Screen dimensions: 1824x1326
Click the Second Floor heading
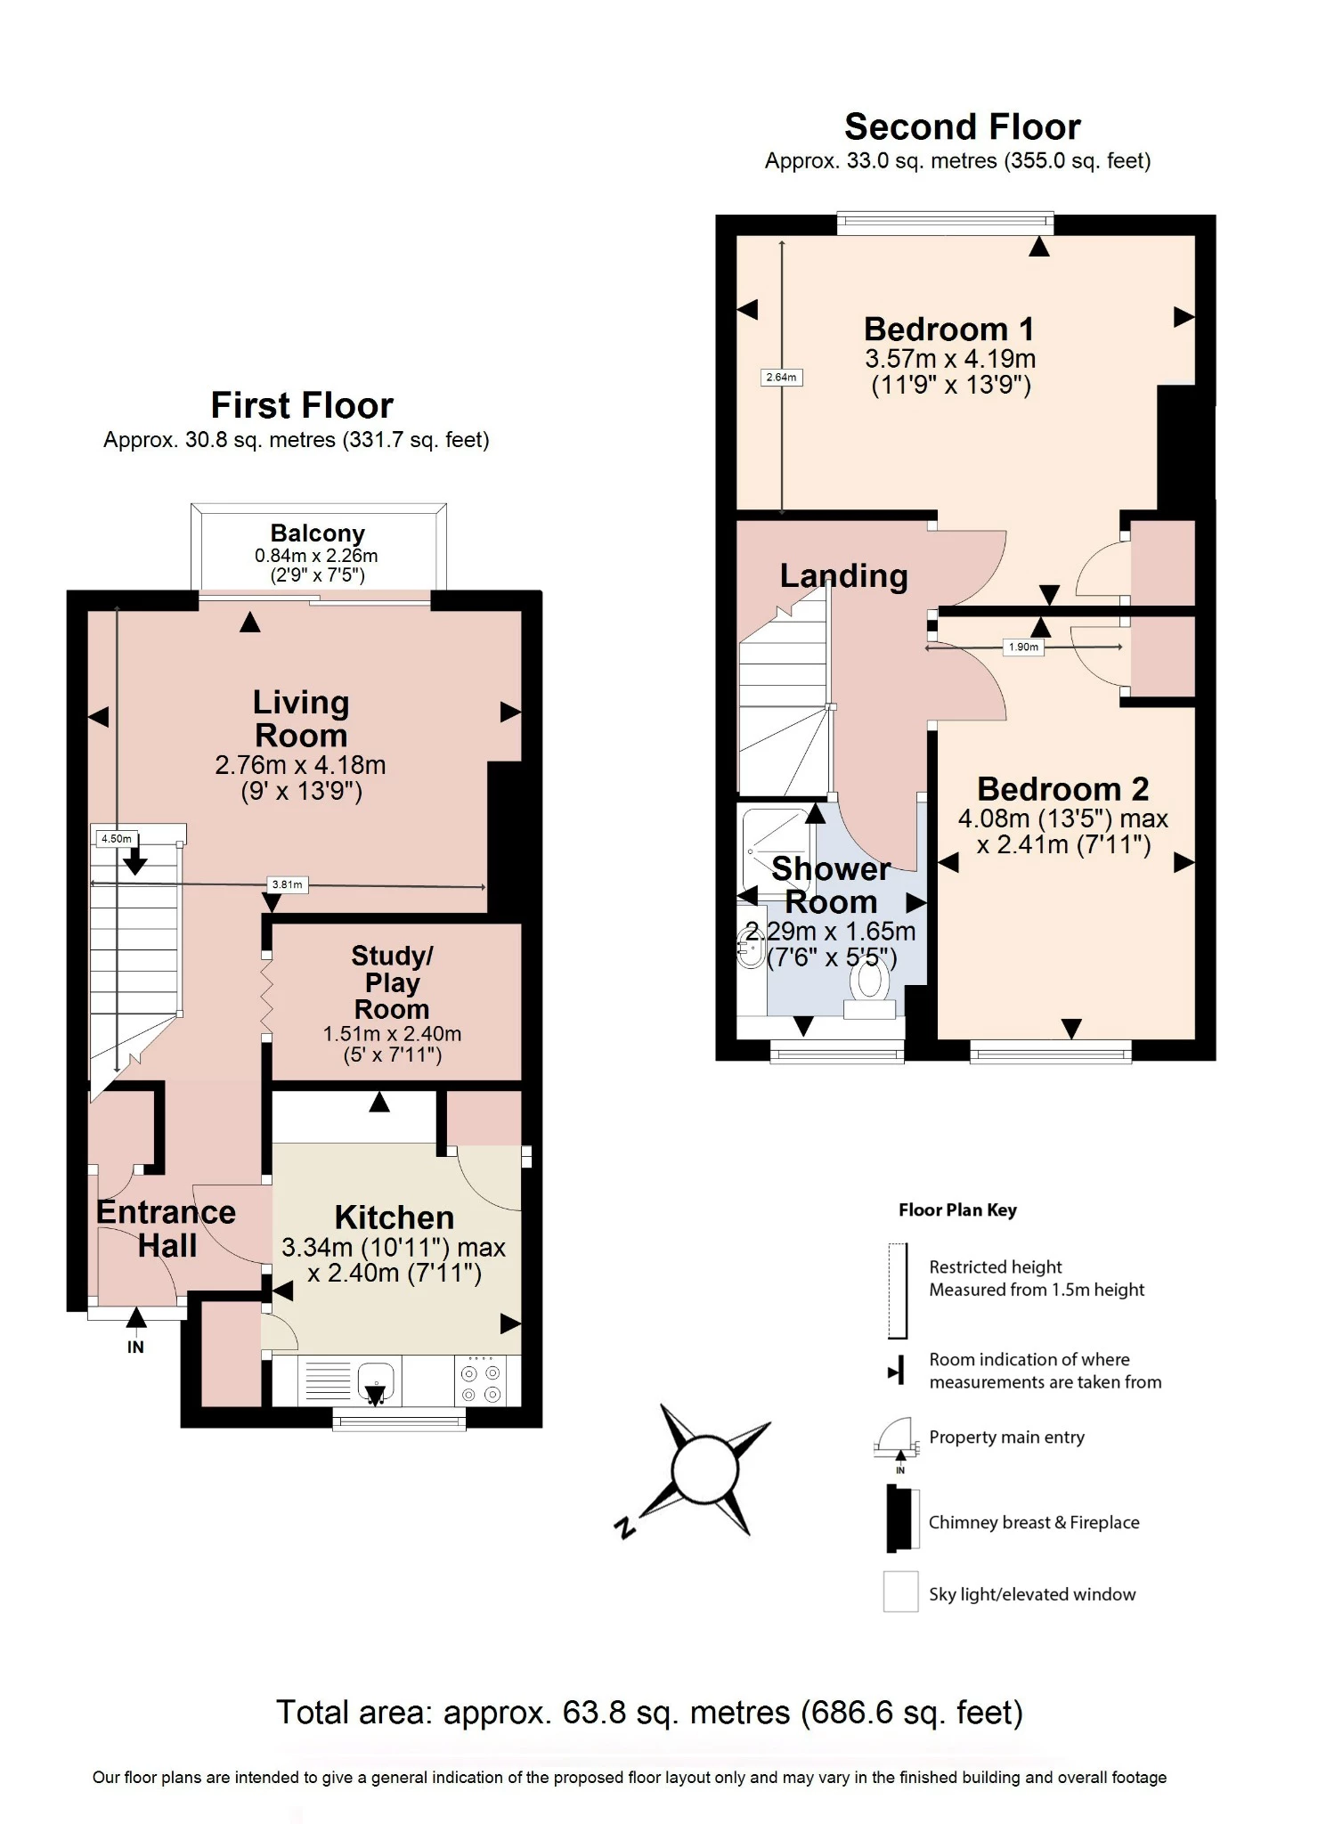pos(962,127)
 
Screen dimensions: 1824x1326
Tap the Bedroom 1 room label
pos(949,330)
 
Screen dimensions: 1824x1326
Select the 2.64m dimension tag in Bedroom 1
pos(781,378)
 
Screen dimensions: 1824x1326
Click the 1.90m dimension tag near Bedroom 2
pos(1023,647)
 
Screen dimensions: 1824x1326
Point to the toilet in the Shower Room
pos(869,988)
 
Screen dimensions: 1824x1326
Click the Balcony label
pos(317,533)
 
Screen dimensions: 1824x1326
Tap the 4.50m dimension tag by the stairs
pos(116,838)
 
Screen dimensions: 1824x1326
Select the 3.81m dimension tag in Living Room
pos(287,884)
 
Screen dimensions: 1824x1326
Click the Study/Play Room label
pos(392,982)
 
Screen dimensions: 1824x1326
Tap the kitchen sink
pos(376,1381)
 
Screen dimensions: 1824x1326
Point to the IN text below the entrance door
pos(135,1348)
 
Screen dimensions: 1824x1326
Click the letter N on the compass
pos(626,1527)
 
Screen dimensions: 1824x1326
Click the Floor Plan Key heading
pos(957,1210)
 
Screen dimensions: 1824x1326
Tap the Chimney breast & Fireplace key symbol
pos(901,1519)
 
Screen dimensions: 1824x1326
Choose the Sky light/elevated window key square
pos(900,1592)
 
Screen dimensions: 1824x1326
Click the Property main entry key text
pos(1006,1437)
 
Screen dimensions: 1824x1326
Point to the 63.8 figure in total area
pos(594,1713)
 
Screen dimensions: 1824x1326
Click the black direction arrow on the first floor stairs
pos(135,860)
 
